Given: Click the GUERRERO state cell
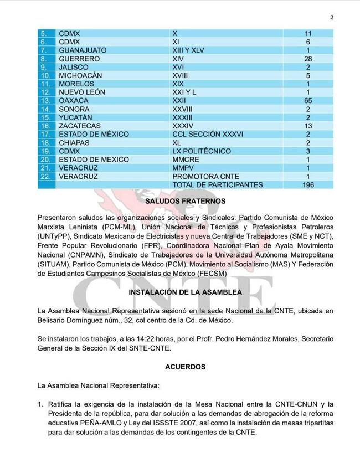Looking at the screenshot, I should [x=79, y=59].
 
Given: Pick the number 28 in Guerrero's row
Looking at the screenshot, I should [x=308, y=59].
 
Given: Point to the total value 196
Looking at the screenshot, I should [x=308, y=184].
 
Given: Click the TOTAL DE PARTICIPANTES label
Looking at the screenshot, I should [x=218, y=184].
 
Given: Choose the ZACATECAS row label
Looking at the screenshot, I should [x=79, y=126].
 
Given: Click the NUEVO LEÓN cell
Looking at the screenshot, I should [x=81, y=92].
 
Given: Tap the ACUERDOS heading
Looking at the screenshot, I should [x=180, y=367].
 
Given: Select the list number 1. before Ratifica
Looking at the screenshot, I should [x=40, y=404].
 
